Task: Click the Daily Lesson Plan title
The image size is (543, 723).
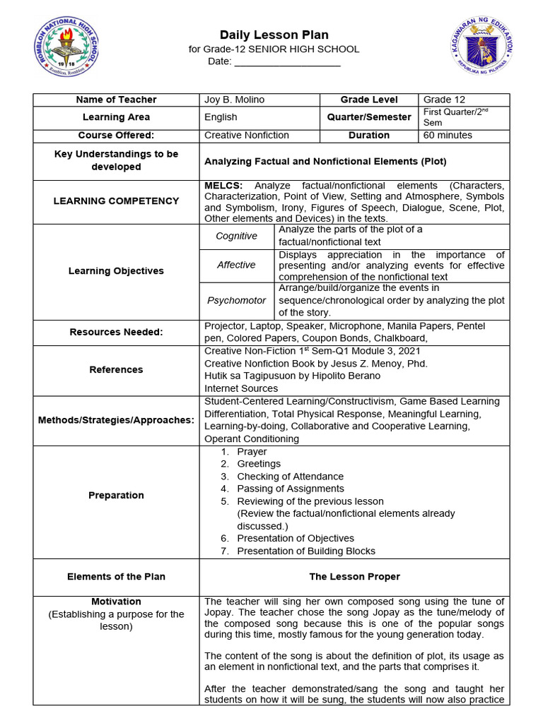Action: click(x=274, y=35)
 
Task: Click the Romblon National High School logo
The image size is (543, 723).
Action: click(x=67, y=48)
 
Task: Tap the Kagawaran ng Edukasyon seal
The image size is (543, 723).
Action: click(x=483, y=48)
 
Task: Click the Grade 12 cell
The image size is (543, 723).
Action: click(x=444, y=100)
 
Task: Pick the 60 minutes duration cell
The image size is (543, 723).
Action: click(x=448, y=135)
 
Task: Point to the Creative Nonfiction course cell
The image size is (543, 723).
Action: click(x=247, y=135)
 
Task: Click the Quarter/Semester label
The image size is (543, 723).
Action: click(x=369, y=117)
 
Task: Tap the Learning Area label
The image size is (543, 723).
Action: click(x=116, y=117)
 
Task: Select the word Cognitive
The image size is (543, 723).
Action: click(x=236, y=236)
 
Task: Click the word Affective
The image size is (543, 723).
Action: click(x=236, y=265)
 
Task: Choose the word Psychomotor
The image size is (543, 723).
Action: click(x=236, y=300)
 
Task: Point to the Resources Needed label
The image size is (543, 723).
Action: click(x=116, y=332)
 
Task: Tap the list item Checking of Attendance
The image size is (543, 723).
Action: click(x=290, y=477)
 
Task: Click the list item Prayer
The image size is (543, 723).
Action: click(x=252, y=451)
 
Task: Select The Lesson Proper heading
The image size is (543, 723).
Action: click(x=354, y=577)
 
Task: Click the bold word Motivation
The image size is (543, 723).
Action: click(x=116, y=602)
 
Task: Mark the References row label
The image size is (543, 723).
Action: click(x=116, y=369)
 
